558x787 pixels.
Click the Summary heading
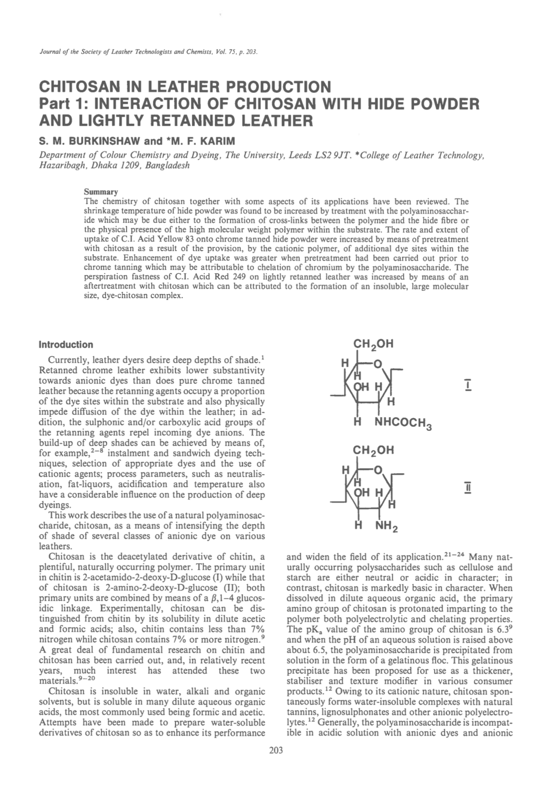point(101,192)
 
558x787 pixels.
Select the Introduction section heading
point(66,344)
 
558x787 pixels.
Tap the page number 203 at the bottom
point(276,750)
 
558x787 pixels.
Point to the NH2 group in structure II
point(386,526)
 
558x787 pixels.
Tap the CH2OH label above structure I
point(373,344)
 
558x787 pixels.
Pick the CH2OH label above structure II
point(373,450)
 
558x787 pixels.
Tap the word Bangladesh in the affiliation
point(167,165)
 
